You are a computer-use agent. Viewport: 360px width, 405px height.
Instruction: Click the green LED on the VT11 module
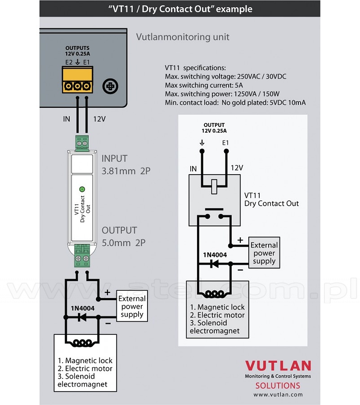pos(82,189)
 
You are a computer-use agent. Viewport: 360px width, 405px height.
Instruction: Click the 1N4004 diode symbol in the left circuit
pos(82,318)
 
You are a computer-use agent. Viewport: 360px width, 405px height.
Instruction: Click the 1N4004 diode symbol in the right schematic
pos(215,264)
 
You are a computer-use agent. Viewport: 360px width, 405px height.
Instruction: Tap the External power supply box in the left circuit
pos(132,306)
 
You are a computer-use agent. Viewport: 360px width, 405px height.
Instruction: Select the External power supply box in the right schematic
pos(264,253)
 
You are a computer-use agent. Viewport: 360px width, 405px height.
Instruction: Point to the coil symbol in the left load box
pos(82,343)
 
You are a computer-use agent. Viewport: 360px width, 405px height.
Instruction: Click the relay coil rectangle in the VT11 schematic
pos(214,186)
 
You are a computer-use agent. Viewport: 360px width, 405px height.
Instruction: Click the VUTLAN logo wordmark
pos(278,366)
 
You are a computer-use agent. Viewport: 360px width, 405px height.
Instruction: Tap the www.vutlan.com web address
pos(278,395)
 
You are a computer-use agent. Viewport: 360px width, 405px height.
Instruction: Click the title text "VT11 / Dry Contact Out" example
pos(180,9)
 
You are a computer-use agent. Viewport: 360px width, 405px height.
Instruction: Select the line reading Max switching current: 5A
pos(204,85)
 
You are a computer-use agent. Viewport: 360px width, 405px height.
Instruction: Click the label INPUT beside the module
pos(114,158)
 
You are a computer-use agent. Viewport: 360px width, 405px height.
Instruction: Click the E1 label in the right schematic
pos(225,143)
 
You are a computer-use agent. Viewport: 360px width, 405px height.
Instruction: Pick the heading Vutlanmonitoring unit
pos(183,37)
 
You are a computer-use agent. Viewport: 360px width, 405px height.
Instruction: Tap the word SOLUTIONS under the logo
pos(278,386)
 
